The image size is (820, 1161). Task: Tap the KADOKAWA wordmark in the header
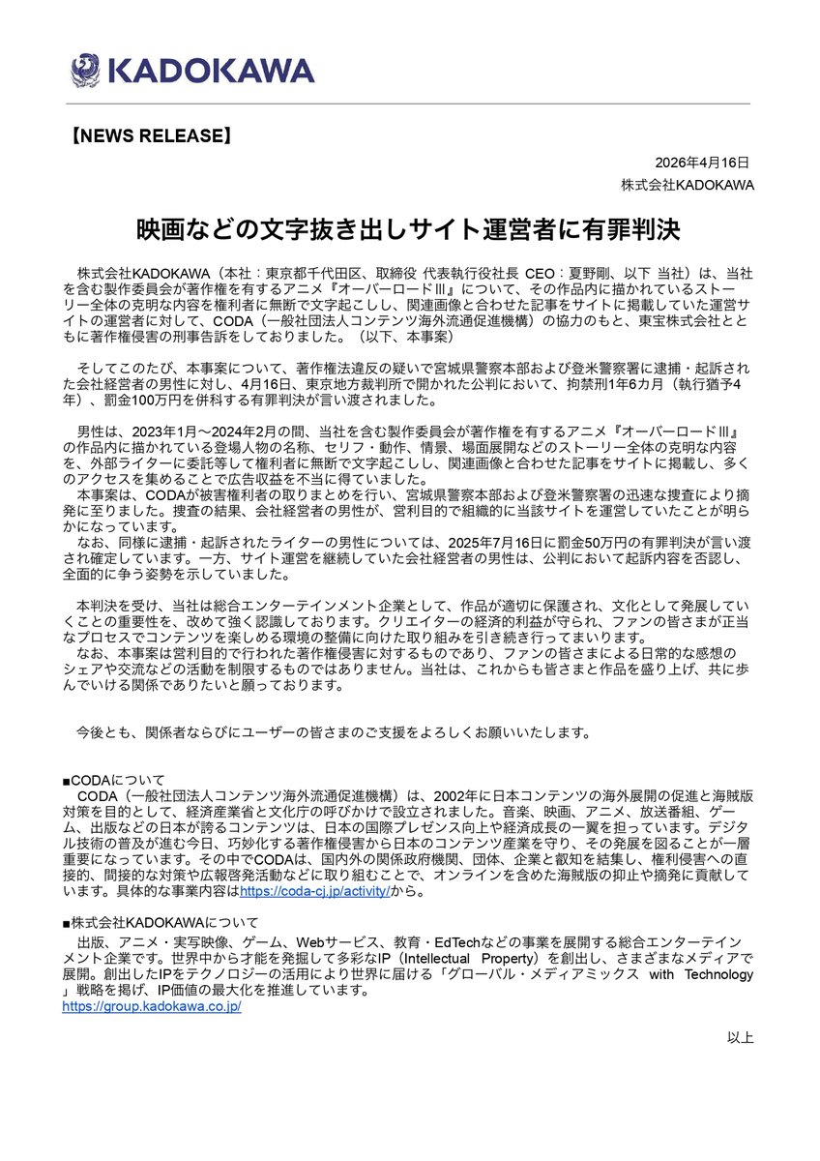click(212, 71)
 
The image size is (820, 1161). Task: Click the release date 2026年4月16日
click(701, 163)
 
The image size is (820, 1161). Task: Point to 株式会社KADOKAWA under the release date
click(688, 185)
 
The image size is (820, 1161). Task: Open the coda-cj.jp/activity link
click(314, 889)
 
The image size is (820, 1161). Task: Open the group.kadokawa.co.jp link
click(151, 1006)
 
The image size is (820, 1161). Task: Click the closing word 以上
click(741, 1037)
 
